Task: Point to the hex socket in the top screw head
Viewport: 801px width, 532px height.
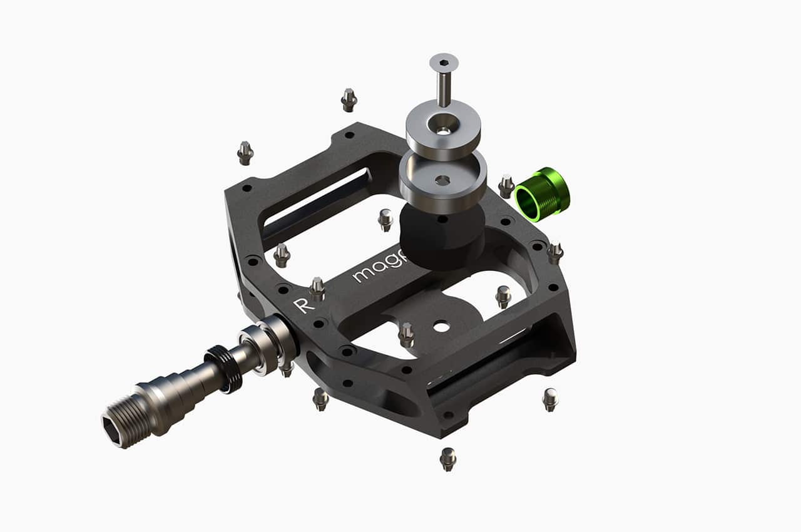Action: point(444,62)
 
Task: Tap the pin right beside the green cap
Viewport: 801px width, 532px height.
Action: point(506,187)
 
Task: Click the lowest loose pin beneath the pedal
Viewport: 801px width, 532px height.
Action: point(447,458)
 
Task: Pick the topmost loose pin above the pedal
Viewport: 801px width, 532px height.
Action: point(349,100)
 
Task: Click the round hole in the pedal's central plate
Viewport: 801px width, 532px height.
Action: point(441,326)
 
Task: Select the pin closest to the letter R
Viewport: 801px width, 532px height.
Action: point(317,289)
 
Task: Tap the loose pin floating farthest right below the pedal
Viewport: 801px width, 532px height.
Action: point(550,399)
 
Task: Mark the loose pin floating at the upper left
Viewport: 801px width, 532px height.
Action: point(245,153)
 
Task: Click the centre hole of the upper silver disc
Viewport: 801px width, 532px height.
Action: point(443,130)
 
